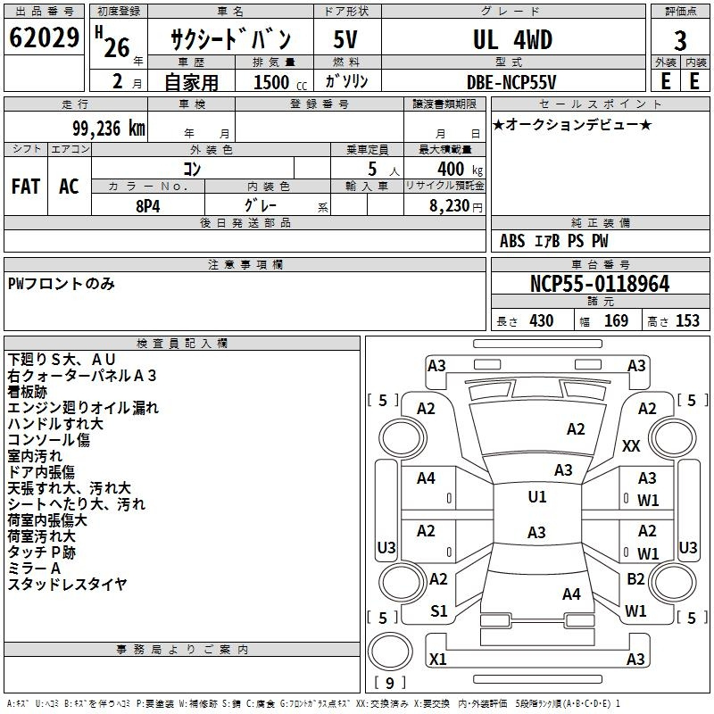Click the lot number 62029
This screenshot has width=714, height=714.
(x=44, y=37)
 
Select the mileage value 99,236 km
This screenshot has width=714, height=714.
(x=108, y=129)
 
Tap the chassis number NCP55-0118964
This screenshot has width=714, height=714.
(x=600, y=284)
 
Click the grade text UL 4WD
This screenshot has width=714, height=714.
(x=512, y=39)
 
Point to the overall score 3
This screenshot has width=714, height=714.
(x=680, y=41)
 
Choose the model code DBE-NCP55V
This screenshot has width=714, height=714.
(x=511, y=82)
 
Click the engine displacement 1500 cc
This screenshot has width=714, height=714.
(x=280, y=82)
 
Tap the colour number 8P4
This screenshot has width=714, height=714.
(x=148, y=206)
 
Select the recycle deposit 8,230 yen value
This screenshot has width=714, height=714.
(x=456, y=206)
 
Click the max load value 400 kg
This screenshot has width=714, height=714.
(x=460, y=169)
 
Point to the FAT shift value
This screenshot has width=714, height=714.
(x=26, y=187)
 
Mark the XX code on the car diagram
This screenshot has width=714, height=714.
(x=631, y=445)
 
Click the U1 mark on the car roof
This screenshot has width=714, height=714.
(x=537, y=496)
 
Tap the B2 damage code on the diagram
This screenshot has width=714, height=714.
(x=635, y=578)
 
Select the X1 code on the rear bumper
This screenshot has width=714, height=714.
(x=438, y=659)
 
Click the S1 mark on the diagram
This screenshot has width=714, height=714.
(x=439, y=610)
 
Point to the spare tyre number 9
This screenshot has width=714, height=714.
(x=389, y=683)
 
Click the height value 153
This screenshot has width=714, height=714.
(x=687, y=320)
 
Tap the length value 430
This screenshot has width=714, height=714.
(x=542, y=320)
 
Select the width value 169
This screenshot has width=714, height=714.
(x=616, y=320)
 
